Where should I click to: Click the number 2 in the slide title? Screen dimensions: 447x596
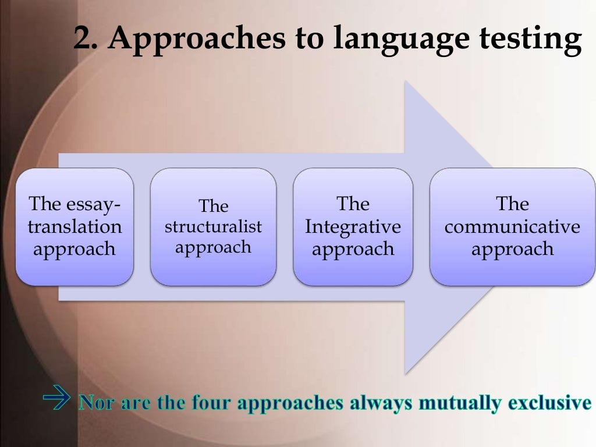84,40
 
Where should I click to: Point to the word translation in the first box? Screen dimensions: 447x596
74,226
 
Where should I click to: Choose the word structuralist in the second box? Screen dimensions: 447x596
213,226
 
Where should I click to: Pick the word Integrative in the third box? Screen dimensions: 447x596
353,226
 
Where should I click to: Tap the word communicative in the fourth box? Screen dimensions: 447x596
512,226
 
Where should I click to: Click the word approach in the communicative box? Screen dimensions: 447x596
512,249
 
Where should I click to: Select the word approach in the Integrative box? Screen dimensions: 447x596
353,249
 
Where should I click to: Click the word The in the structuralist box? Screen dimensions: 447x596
213,206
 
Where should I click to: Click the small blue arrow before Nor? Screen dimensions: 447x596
56,401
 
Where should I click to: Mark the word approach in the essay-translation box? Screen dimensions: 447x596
74,249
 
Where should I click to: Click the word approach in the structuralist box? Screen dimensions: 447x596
213,247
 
